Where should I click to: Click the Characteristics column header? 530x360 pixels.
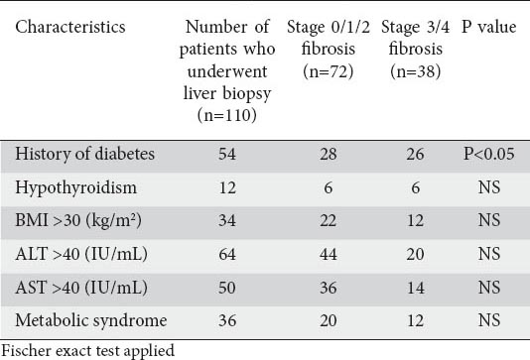coord(70,27)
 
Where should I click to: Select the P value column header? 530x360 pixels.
coord(488,27)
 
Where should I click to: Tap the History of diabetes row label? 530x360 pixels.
coord(84,154)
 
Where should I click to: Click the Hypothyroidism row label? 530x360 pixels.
coord(76,187)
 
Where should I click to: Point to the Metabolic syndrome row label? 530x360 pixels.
coord(91,320)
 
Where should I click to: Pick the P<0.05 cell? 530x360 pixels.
coord(488,154)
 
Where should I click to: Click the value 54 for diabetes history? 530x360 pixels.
coord(227,154)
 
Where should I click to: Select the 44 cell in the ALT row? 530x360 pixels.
coord(329,254)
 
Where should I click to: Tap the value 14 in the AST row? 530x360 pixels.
coord(416,288)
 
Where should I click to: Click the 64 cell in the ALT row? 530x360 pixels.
coord(227,254)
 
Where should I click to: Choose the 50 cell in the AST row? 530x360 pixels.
coord(227,288)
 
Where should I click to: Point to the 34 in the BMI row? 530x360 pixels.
coord(227,220)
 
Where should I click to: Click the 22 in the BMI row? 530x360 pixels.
coord(329,220)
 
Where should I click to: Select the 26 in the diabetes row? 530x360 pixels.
coord(416,154)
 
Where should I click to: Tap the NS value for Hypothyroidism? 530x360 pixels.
coord(489,187)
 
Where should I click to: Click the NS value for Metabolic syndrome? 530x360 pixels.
coord(489,320)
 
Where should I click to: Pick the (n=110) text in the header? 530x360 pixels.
coord(227,115)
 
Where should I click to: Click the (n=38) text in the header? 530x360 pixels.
coord(416,71)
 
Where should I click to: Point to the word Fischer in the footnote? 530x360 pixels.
coord(26,350)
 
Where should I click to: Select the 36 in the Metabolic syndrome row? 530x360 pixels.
coord(227,320)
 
